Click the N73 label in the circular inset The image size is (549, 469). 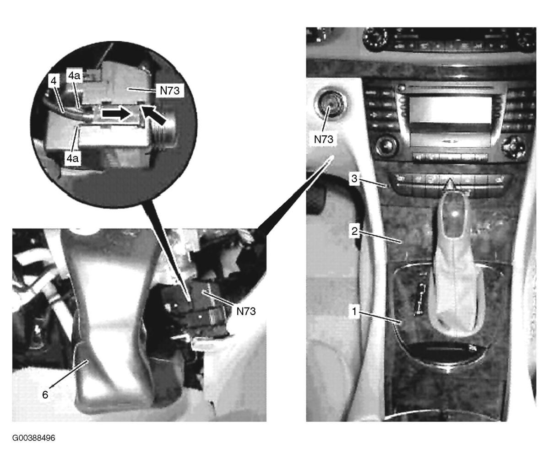click(170, 90)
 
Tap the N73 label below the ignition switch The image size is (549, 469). click(324, 139)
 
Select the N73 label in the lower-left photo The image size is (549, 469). click(246, 311)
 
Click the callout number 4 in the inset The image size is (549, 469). click(54, 81)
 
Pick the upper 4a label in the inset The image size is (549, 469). click(74, 75)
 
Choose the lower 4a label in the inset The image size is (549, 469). click(72, 158)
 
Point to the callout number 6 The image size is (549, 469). click(45, 394)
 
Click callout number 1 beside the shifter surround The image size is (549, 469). click(355, 311)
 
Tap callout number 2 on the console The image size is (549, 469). click(355, 231)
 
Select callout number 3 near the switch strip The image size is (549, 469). click(354, 178)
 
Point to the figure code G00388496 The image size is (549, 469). click(33, 438)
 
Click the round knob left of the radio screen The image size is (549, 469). click(386, 146)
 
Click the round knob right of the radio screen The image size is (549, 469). click(513, 146)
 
